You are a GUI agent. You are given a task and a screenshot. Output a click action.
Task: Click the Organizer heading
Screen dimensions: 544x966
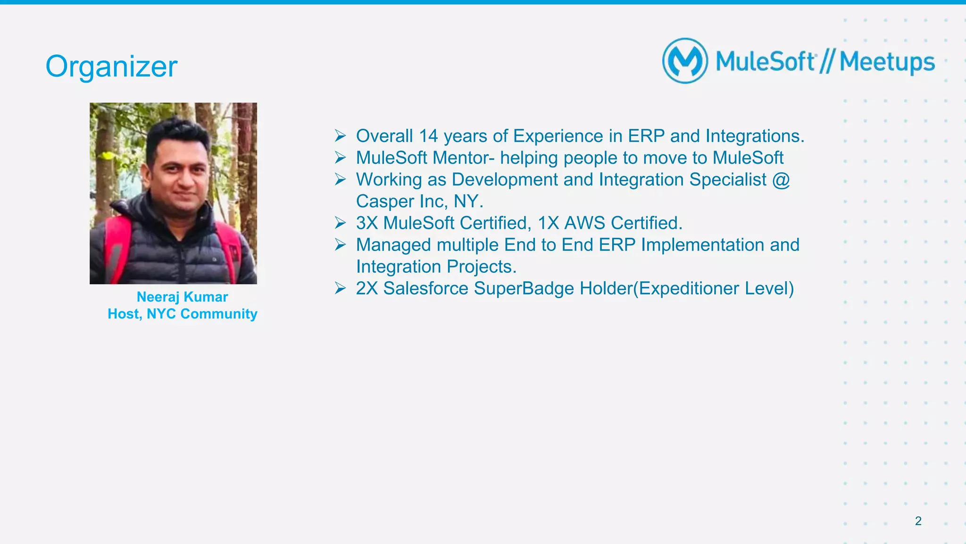pyautogui.click(x=111, y=66)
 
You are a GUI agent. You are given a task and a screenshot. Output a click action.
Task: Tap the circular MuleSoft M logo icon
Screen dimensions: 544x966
pyautogui.click(x=685, y=61)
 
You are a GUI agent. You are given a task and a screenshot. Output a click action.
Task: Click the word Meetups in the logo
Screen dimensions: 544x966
pyautogui.click(x=887, y=62)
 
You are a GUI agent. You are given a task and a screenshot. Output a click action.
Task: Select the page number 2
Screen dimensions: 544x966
pyautogui.click(x=918, y=521)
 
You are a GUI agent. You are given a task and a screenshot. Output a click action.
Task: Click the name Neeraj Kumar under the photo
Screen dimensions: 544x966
pyautogui.click(x=182, y=297)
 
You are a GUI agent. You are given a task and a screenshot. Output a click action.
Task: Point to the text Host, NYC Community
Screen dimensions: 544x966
pyautogui.click(x=182, y=314)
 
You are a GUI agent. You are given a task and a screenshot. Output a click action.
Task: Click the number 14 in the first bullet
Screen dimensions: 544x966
pyautogui.click(x=428, y=136)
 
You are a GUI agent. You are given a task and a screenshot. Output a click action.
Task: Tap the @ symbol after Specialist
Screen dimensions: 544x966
pyautogui.click(x=781, y=180)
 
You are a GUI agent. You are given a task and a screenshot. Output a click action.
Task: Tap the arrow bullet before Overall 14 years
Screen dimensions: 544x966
pyautogui.click(x=340, y=136)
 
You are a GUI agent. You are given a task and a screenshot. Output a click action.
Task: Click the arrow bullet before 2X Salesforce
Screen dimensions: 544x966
pyautogui.click(x=340, y=288)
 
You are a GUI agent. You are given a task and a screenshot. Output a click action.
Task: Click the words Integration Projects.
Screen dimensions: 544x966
pyautogui.click(x=436, y=267)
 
